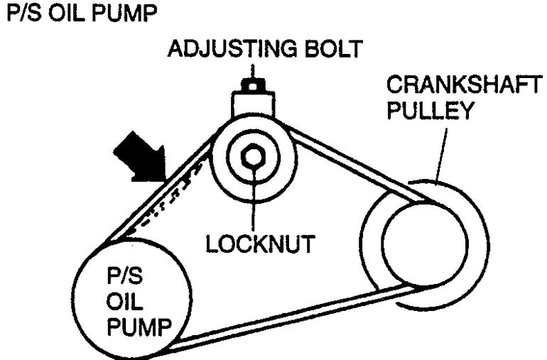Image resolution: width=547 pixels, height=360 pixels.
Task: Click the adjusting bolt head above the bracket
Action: pyautogui.click(x=251, y=85)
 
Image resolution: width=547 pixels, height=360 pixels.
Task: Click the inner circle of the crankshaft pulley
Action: pyautogui.click(x=426, y=246)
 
